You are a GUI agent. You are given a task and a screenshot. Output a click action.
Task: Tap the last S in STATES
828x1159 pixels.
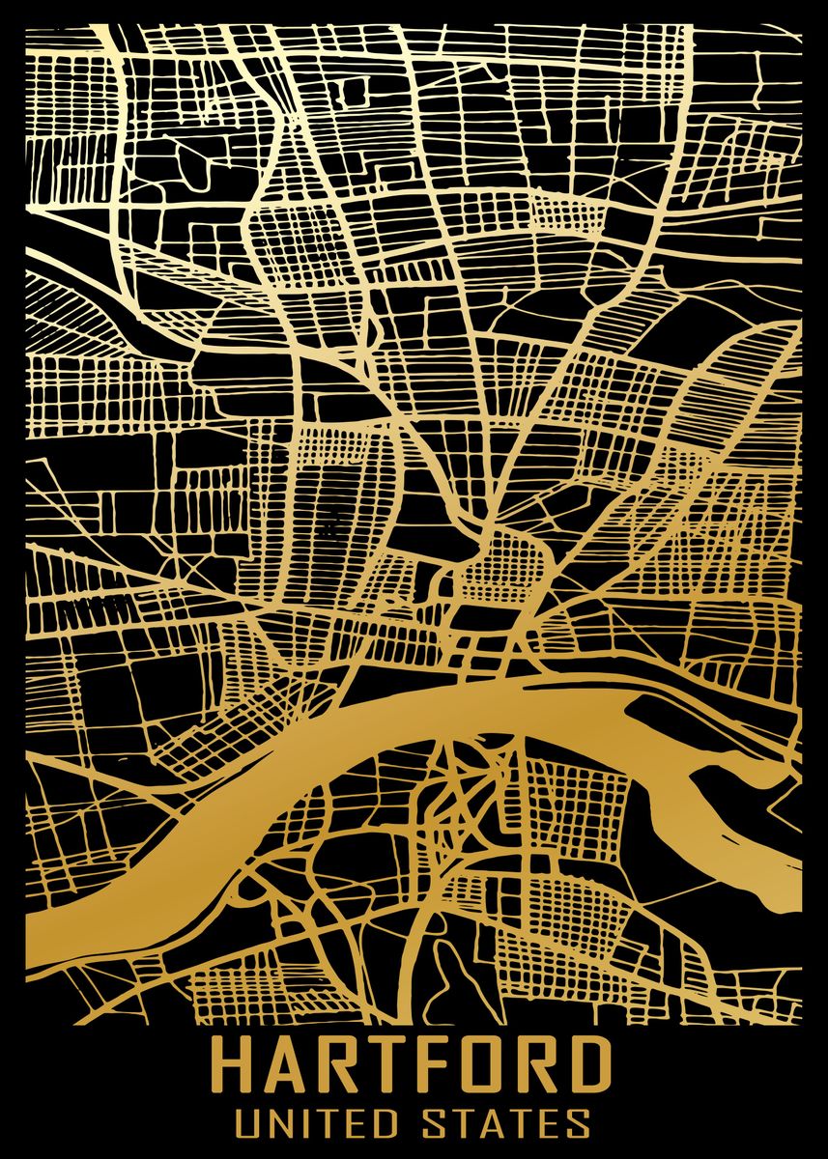pyautogui.click(x=582, y=1124)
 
